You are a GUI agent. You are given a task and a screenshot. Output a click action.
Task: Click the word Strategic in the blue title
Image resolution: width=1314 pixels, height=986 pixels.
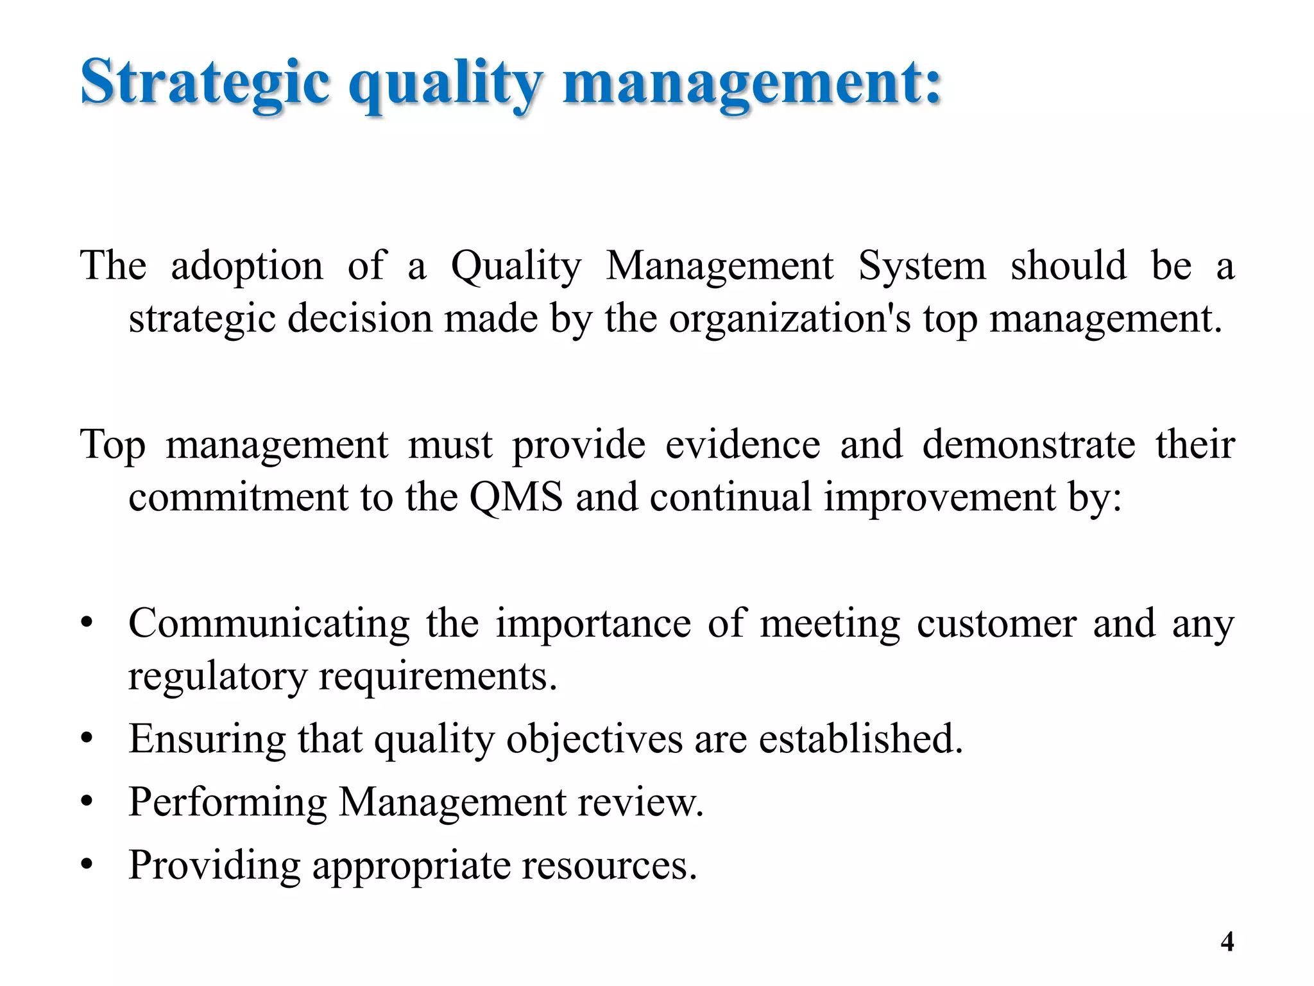point(205,83)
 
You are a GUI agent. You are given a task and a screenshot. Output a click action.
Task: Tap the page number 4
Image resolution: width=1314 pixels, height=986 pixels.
point(1227,942)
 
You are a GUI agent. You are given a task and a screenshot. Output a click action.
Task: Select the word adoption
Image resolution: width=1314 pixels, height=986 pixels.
point(247,266)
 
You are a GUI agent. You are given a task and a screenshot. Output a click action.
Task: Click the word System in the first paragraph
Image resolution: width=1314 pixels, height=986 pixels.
point(922,266)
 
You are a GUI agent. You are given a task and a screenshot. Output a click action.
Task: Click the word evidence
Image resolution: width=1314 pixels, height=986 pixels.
point(742,444)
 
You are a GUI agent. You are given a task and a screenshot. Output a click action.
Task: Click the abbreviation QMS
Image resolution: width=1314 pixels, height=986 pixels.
point(516,497)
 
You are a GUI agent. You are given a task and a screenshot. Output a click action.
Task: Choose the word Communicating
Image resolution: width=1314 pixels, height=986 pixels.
point(269,624)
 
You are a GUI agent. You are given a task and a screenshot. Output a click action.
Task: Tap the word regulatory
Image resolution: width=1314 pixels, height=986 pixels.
point(218,677)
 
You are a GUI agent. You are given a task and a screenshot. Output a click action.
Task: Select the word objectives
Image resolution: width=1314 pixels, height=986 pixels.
point(594,739)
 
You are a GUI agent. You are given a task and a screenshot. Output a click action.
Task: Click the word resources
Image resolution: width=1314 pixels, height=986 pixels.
point(609,866)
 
